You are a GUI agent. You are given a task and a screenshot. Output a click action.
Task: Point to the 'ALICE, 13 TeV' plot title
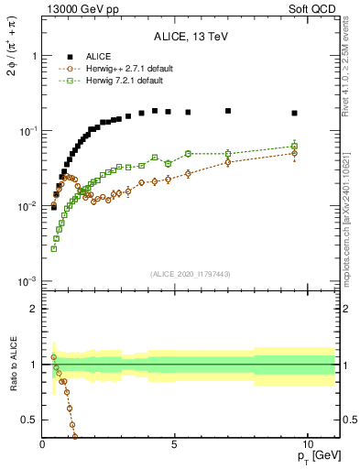point(191,38)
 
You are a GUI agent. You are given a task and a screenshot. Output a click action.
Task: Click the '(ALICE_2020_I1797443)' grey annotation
point(191,274)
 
